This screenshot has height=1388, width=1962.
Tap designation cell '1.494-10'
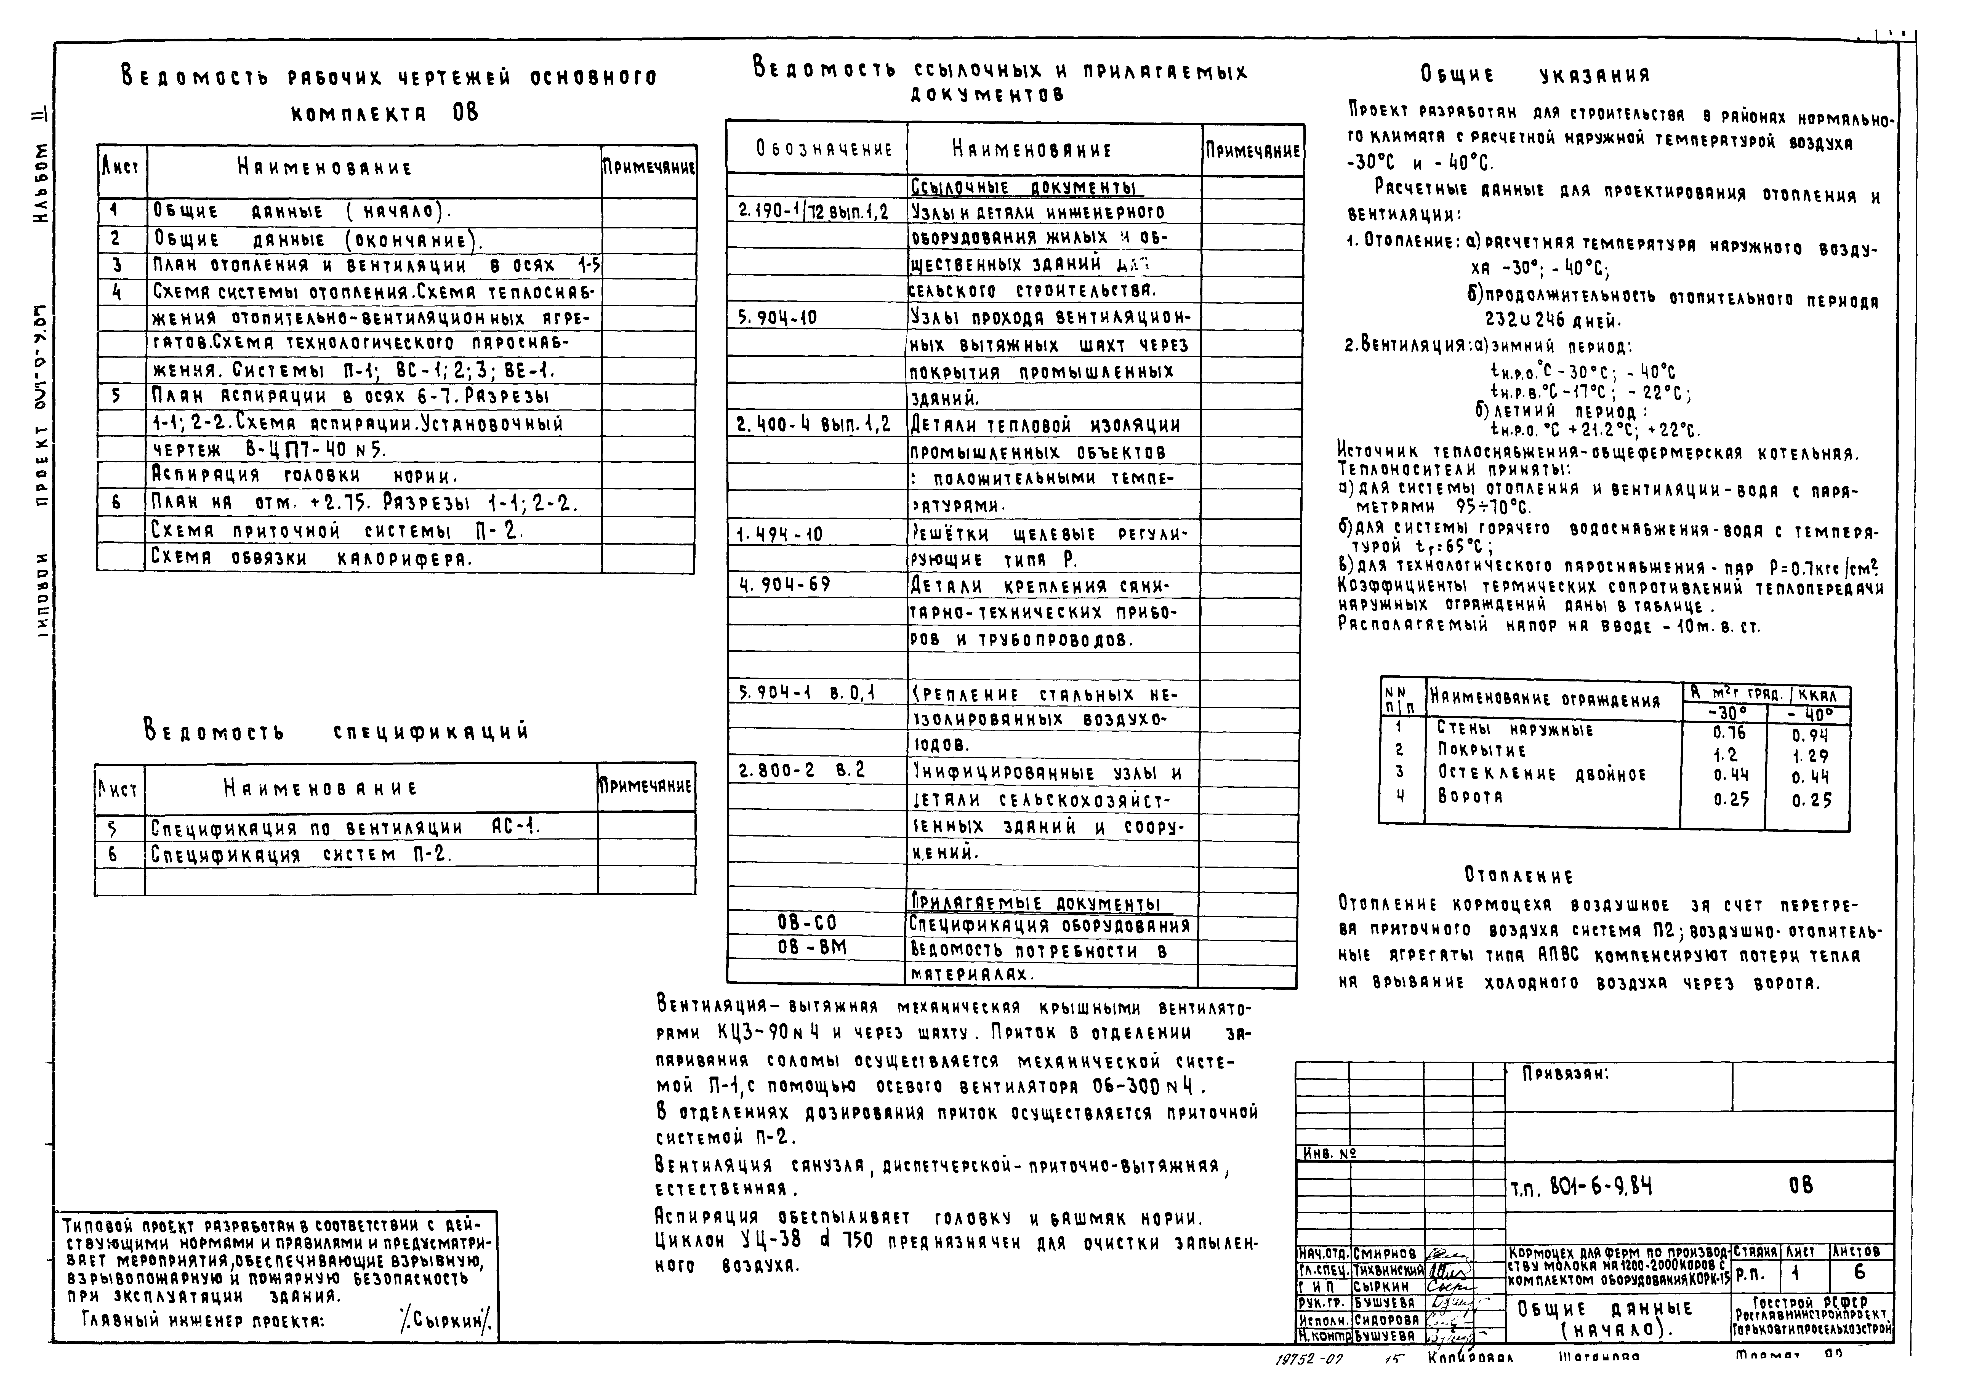[x=779, y=535]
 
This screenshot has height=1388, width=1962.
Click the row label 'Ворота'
[x=1470, y=796]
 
